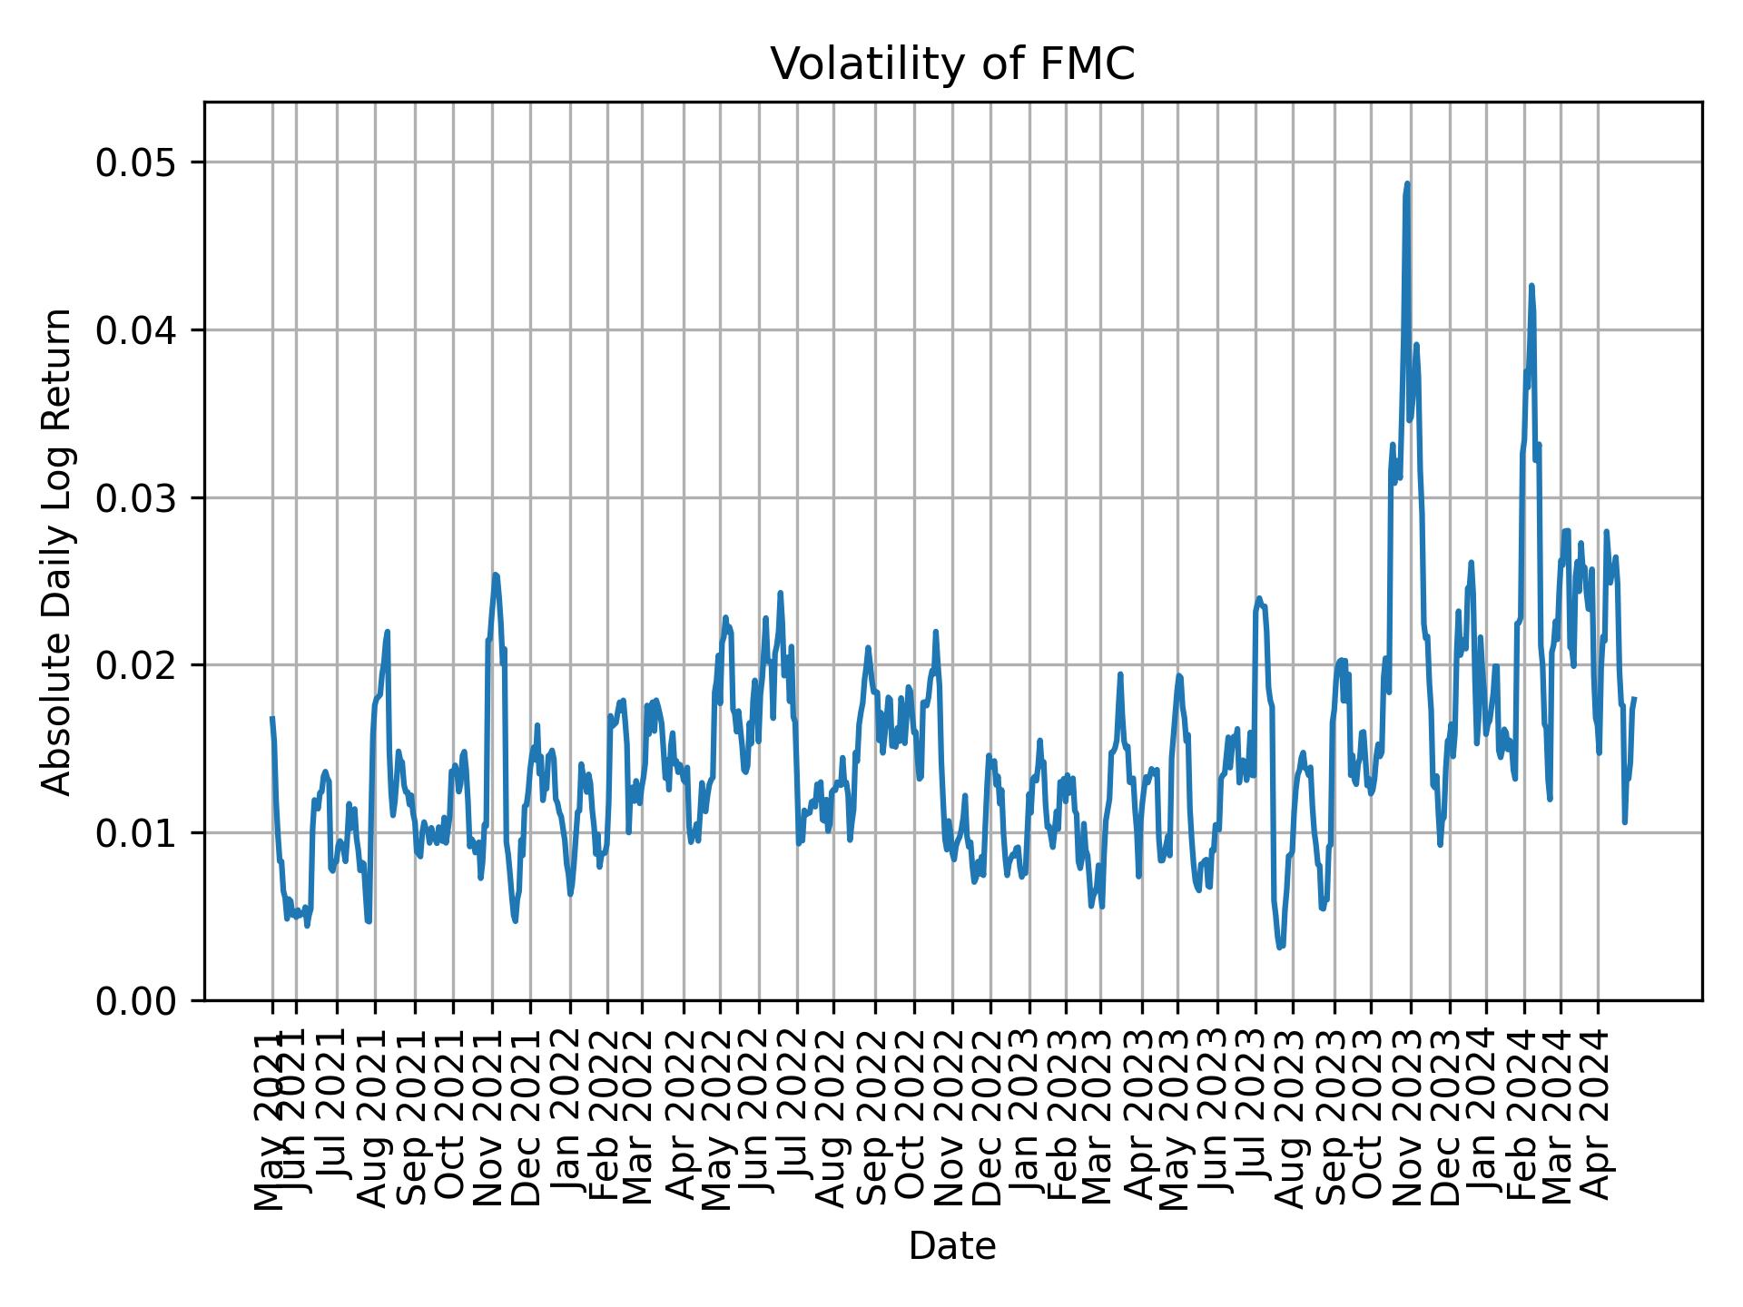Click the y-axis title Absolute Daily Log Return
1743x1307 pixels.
[58, 551]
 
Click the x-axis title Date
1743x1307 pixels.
[952, 1247]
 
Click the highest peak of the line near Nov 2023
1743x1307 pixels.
[1407, 184]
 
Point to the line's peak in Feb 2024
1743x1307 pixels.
[1531, 286]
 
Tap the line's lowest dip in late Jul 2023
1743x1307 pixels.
[1280, 948]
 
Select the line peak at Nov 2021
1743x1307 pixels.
[495, 574]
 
